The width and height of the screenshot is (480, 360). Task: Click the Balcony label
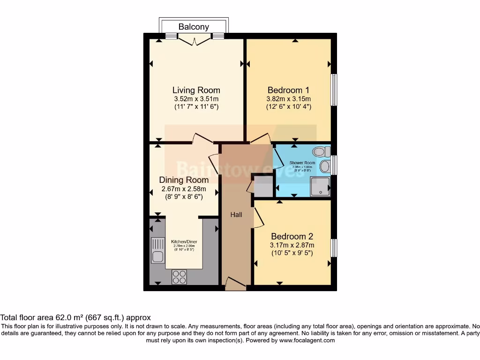coord(194,27)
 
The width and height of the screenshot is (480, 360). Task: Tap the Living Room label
coord(196,90)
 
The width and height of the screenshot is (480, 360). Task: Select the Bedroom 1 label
coord(289,90)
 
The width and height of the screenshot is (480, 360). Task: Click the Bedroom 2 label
coord(292,236)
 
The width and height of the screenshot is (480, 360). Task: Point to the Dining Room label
coord(184,180)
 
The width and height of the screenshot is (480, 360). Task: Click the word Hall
coord(236,215)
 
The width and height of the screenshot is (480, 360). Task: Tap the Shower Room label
coord(302,163)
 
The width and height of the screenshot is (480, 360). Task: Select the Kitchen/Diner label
coord(183,241)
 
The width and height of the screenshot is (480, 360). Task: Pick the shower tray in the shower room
coord(320,187)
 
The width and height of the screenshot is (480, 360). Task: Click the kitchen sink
coord(157,250)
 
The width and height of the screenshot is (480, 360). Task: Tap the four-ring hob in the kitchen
coord(179,277)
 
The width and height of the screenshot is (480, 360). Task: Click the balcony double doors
coord(194,40)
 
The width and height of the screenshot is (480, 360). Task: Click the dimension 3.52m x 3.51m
coord(196,99)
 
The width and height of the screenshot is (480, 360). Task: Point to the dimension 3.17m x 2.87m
coord(292,245)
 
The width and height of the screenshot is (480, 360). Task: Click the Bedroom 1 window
coord(334,90)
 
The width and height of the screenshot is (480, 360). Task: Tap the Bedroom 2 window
coord(334,247)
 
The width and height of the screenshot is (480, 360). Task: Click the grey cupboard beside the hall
coord(262,187)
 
